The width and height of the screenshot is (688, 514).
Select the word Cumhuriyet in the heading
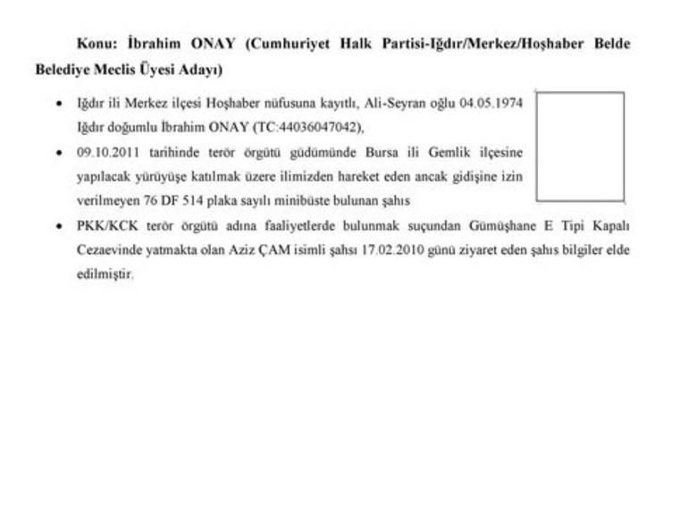[294, 44]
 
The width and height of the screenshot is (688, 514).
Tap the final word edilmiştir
[105, 275]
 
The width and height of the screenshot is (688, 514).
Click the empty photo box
[580, 146]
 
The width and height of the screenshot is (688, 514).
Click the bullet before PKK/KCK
[58, 226]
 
